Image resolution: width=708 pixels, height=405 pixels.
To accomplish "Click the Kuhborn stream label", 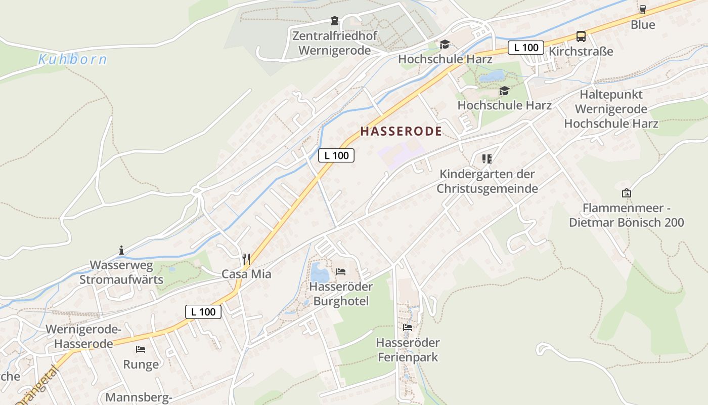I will (73, 59).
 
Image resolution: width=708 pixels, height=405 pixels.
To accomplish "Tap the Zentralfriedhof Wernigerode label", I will (334, 44).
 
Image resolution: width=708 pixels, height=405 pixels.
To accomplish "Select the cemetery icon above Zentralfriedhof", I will (334, 21).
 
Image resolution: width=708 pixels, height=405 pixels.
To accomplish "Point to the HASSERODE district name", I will (401, 131).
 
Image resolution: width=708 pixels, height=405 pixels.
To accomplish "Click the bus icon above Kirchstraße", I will (581, 36).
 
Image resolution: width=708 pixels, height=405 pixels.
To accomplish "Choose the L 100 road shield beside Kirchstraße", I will (526, 48).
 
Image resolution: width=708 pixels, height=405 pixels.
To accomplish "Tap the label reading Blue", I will (643, 25).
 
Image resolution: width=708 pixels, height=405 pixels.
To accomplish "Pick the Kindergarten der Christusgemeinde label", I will (487, 181).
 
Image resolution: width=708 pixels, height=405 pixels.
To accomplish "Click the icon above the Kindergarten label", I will (487, 159).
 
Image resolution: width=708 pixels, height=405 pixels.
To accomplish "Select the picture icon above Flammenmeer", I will (627, 193).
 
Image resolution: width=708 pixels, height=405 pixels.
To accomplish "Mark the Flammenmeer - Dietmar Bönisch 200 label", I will (627, 215).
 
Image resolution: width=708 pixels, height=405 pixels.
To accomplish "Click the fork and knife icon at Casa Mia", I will (246, 259).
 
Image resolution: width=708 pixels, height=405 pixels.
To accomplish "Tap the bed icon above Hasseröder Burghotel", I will (341, 272).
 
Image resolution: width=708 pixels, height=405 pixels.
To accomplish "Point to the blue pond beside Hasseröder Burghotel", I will (319, 273).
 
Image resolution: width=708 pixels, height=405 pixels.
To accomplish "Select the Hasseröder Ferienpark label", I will (408, 350).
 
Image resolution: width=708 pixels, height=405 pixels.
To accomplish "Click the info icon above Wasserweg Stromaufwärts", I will (121, 250).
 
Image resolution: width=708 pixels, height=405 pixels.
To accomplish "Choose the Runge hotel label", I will (141, 364).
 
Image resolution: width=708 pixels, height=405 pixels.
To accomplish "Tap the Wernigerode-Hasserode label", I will (83, 337).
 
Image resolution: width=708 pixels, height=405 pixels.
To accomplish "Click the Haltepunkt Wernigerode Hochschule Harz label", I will (611, 109).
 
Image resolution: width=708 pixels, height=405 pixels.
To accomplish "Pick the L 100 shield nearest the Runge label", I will (203, 312).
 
